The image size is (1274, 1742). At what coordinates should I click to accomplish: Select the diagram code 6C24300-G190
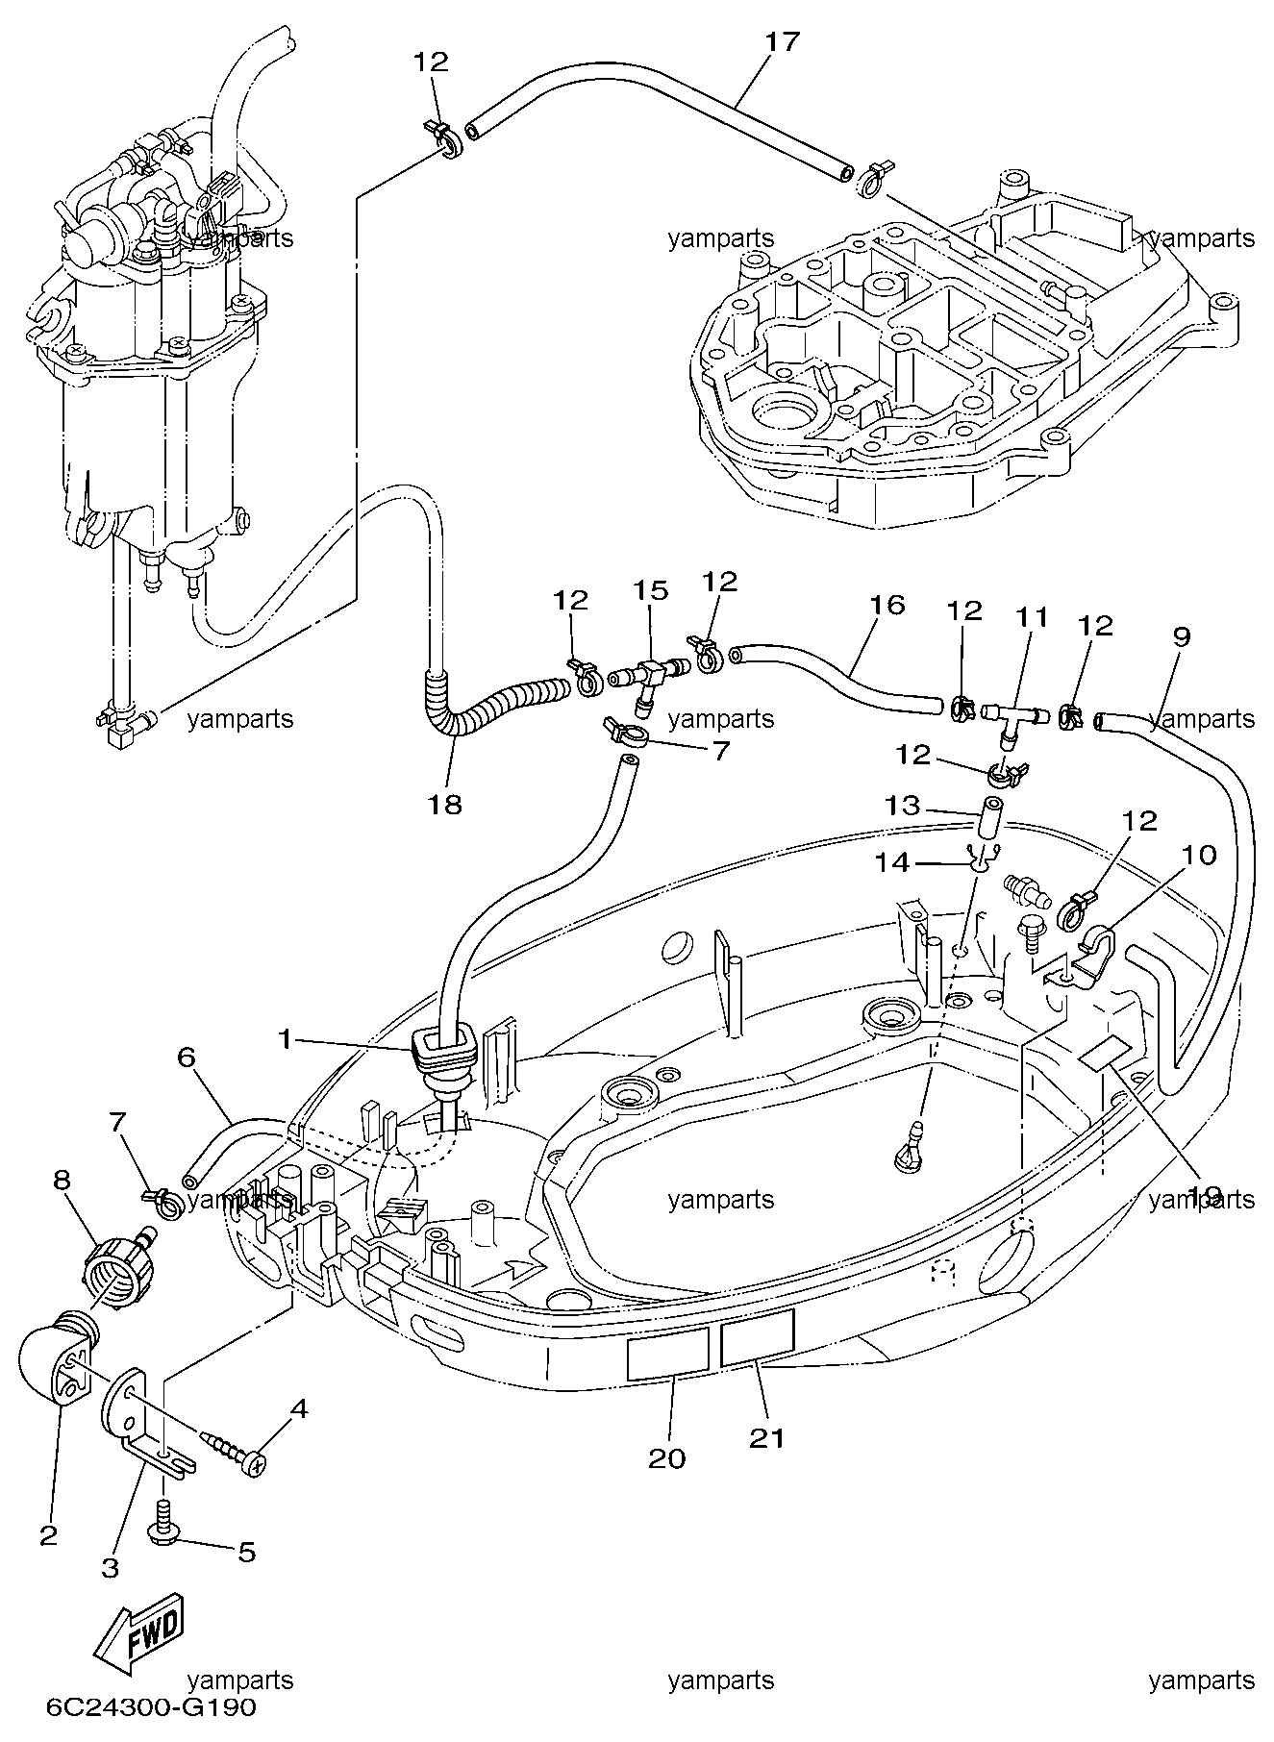(151, 1708)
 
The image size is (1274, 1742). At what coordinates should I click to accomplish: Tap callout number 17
(783, 42)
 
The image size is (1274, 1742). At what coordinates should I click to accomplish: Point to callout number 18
(445, 805)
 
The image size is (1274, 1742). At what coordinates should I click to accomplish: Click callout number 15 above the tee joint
(650, 590)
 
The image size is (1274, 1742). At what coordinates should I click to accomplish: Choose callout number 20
(667, 1458)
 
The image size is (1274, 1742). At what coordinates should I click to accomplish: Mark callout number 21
(766, 1438)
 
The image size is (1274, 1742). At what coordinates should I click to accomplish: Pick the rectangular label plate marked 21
(758, 1335)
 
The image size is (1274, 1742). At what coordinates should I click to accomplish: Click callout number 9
(1181, 636)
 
